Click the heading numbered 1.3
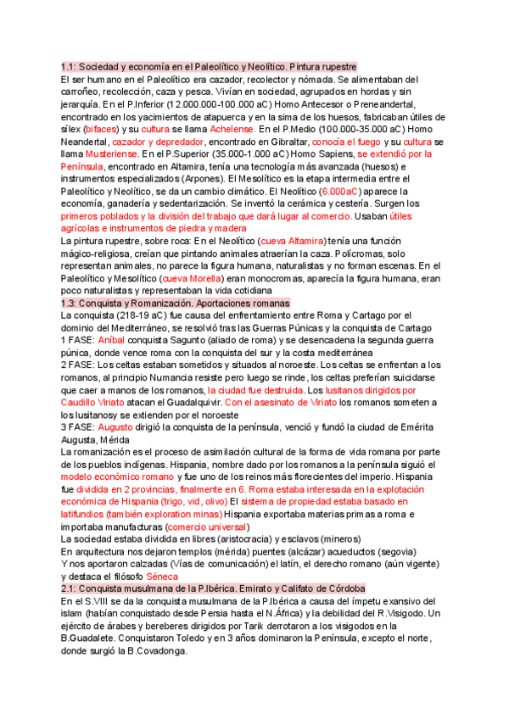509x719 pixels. [x=175, y=304]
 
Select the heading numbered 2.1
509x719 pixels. [x=213, y=588]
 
